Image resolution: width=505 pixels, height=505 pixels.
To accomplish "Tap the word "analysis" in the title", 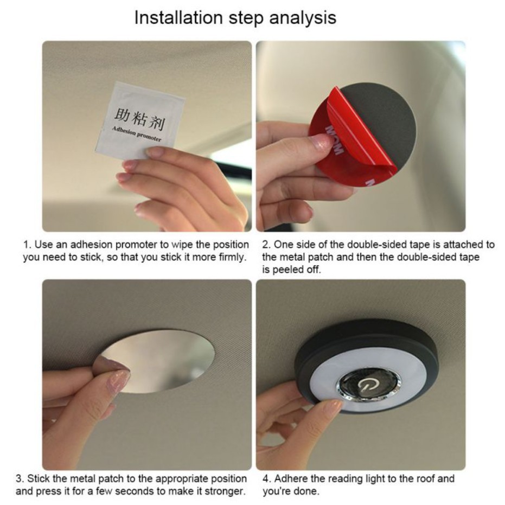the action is pos(303,18).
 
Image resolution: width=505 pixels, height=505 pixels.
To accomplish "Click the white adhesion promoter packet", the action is pos(140,122).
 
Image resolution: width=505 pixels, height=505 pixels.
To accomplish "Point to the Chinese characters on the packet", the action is pos(139,119).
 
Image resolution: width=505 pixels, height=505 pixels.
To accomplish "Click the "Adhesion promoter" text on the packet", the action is pos(137,134).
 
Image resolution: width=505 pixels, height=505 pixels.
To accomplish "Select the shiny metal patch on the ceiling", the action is pos(155,361).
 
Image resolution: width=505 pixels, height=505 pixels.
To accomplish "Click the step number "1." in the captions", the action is pos(27,245).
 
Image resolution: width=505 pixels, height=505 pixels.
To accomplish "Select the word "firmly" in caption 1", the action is pos(231,257).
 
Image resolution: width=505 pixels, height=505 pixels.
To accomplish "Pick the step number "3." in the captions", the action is pos(20,478).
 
